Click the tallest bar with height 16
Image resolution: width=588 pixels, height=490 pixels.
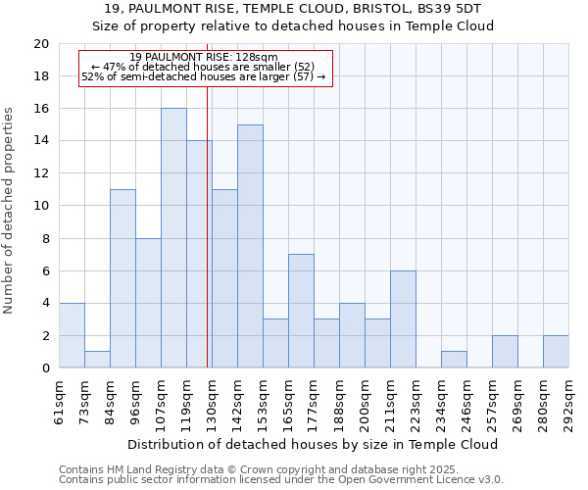(x=173, y=238)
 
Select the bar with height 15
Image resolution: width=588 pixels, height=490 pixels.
(x=250, y=246)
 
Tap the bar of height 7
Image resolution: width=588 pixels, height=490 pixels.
(x=301, y=311)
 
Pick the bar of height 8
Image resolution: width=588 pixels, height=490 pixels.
(x=148, y=303)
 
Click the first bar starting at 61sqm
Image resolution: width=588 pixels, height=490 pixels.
(x=72, y=335)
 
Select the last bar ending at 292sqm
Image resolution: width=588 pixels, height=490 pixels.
(x=556, y=352)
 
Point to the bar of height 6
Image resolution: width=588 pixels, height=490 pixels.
(x=403, y=319)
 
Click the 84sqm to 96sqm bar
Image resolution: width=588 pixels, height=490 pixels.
(x=122, y=278)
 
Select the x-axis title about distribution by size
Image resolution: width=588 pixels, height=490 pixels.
(x=313, y=444)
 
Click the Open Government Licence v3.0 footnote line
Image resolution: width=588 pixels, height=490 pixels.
(x=281, y=480)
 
